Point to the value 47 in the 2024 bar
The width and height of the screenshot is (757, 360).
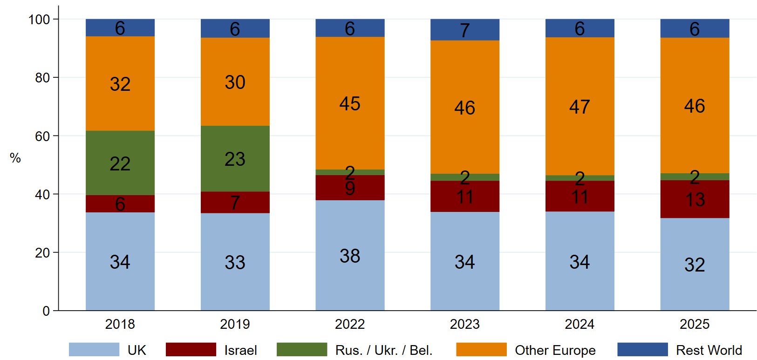[580, 107]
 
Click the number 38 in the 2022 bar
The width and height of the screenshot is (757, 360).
[350, 256]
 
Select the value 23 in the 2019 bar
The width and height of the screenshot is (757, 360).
[235, 159]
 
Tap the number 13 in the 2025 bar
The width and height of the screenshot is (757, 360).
[695, 200]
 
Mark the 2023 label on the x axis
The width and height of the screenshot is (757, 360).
[464, 324]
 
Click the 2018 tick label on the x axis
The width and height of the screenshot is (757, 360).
[120, 324]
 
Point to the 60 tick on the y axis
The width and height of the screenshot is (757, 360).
[42, 136]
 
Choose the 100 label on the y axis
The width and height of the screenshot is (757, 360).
[39, 20]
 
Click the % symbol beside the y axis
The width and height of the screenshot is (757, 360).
[15, 158]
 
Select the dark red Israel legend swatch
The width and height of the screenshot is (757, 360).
[191, 350]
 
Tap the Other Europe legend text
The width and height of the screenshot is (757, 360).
[555, 350]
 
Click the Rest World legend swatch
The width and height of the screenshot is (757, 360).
[642, 350]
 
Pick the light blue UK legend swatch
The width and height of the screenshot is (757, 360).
[94, 350]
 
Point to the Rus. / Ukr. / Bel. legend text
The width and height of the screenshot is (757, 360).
[384, 350]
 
